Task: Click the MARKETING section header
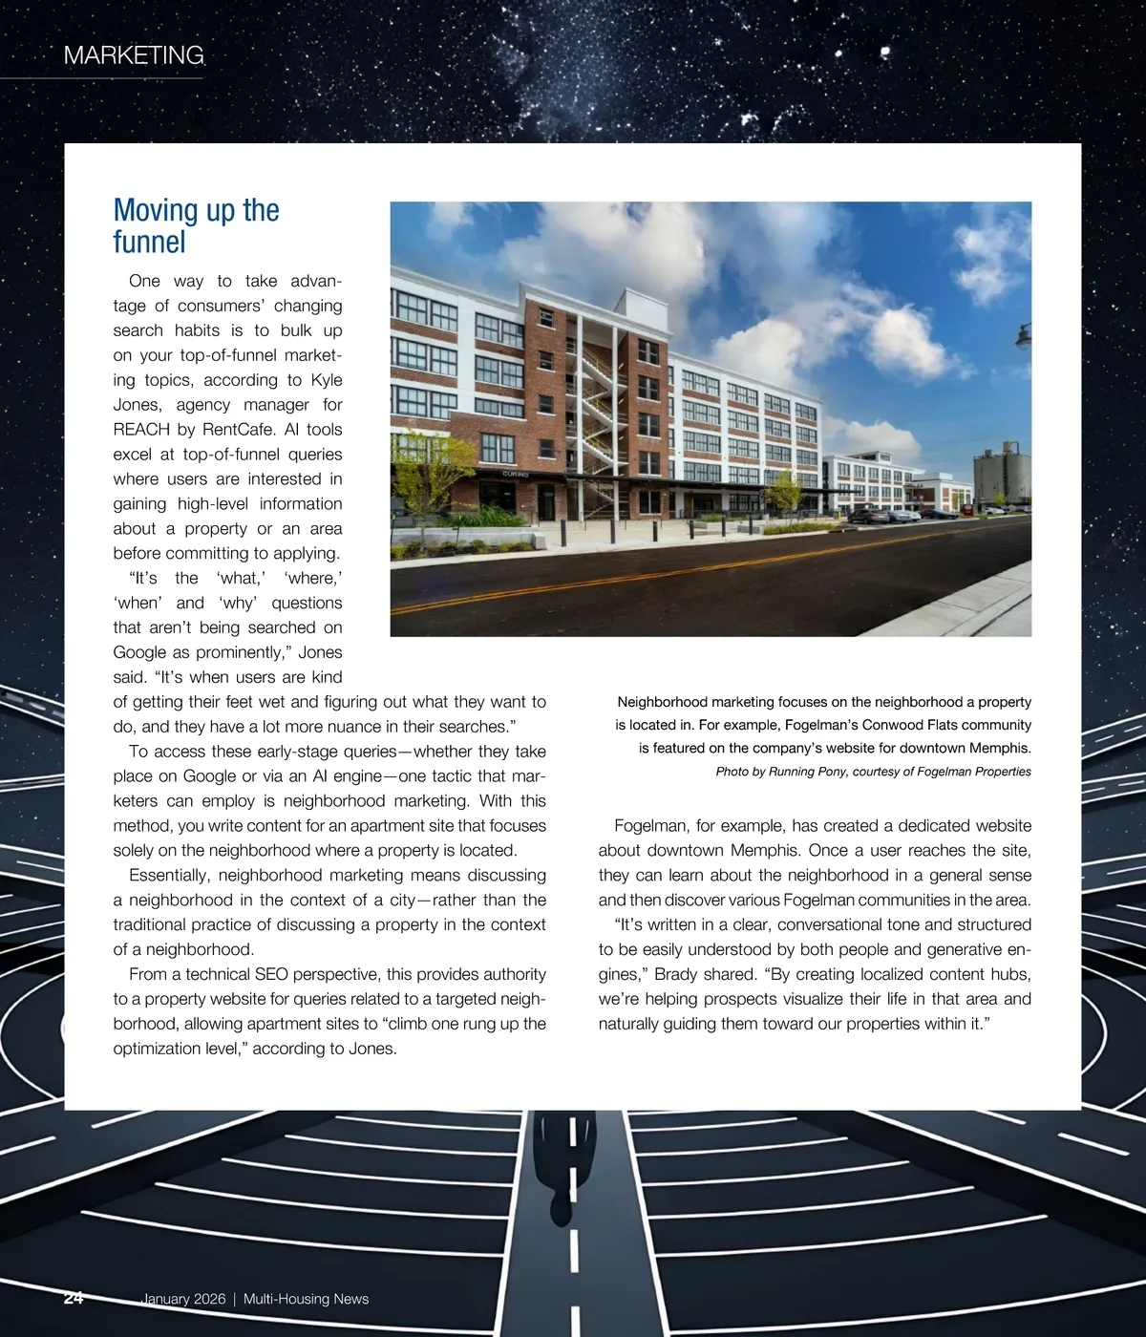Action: pos(134,55)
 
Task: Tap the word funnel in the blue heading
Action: pos(149,243)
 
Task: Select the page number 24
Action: pos(74,1299)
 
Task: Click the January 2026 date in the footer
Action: pos(183,1299)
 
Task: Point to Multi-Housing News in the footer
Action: pos(306,1299)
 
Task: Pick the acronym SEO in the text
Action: pos(271,974)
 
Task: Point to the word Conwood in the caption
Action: pos(894,725)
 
